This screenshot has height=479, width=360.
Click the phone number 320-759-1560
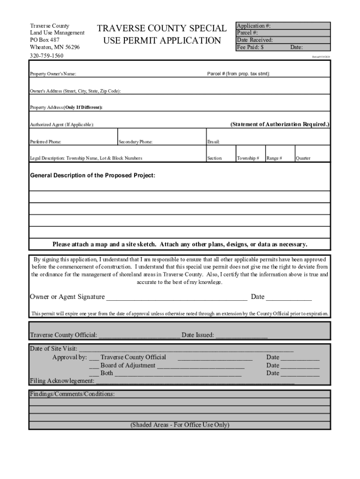coord(47,56)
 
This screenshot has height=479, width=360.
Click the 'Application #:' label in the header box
coord(253,26)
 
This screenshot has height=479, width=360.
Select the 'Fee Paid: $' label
coord(251,47)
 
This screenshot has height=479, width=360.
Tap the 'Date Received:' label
coord(255,40)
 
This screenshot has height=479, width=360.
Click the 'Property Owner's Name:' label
coord(53,74)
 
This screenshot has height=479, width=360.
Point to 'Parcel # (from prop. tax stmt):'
coord(238,74)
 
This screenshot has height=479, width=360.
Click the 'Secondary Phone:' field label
coord(136,141)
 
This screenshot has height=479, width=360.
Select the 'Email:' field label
coord(213,141)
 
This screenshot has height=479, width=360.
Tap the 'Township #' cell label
coord(248,158)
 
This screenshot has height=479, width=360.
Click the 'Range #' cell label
coord(274,158)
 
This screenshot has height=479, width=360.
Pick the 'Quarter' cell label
coord(303,158)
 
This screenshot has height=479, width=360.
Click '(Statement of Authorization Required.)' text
coord(280,124)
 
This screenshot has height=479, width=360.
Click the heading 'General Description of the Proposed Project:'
coord(93,175)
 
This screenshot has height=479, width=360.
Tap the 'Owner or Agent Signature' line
coord(176,298)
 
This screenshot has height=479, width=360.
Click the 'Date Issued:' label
coord(198,335)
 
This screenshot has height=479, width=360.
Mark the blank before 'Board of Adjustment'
coord(94,366)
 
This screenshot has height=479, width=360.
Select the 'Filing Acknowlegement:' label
coord(62,381)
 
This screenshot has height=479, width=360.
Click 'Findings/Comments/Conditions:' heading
coord(72,394)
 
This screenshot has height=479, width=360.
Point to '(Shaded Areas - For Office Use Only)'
coord(180,425)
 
